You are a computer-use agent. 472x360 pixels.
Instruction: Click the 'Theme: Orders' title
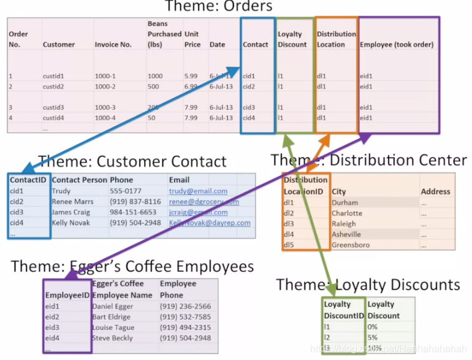pyautogui.click(x=219, y=7)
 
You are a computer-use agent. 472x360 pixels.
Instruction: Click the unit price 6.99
pyautogui.click(x=191, y=86)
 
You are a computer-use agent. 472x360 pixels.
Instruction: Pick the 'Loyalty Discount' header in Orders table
pyautogui.click(x=292, y=39)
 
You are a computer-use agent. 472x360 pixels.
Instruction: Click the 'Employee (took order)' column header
pyautogui.click(x=397, y=45)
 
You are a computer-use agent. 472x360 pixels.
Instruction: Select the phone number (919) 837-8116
pyautogui.click(x=135, y=202)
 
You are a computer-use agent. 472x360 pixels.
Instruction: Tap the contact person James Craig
pyautogui.click(x=71, y=212)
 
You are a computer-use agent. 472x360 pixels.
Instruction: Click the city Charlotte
pyautogui.click(x=347, y=213)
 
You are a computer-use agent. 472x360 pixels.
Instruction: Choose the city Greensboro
pyautogui.click(x=351, y=245)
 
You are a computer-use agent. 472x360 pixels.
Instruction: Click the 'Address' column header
pyautogui.click(x=435, y=192)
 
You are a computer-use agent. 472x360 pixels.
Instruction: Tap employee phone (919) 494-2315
pyautogui.click(x=185, y=327)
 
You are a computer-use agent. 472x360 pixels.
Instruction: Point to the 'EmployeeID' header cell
pyautogui.click(x=67, y=295)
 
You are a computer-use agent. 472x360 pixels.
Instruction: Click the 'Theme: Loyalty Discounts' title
pyautogui.click(x=368, y=285)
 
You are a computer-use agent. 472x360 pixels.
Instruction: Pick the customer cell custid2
pyautogui.click(x=53, y=86)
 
